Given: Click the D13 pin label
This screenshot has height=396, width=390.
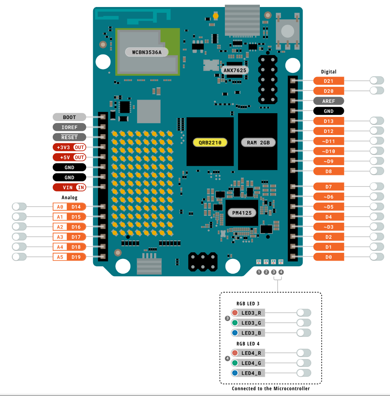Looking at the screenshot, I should (328, 121).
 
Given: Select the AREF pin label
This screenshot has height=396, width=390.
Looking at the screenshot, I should (328, 101).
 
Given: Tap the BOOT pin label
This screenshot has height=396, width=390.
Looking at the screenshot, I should (70, 117).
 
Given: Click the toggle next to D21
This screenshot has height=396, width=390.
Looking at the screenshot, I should (377, 81).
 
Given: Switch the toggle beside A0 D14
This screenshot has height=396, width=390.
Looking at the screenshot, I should (19, 207).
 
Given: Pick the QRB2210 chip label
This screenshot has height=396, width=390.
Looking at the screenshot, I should (210, 142).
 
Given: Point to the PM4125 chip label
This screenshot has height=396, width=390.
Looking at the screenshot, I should (242, 213).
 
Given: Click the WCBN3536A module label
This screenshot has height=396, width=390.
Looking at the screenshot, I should (147, 52).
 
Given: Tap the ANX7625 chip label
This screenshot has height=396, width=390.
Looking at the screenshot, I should (235, 70).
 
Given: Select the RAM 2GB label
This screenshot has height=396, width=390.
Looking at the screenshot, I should (258, 142).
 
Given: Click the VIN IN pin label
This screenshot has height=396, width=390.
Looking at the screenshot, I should (70, 188).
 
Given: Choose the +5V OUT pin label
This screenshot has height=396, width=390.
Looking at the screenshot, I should (70, 157).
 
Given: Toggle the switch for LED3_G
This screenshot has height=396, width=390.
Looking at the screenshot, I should (304, 323).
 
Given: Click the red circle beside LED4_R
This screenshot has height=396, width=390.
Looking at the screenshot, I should (235, 353).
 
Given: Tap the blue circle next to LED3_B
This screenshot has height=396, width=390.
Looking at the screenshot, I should (235, 333).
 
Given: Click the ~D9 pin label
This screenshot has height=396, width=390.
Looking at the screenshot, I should (328, 161).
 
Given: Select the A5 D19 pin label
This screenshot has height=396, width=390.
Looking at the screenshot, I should (70, 257).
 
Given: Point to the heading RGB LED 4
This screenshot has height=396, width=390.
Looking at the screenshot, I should (248, 343).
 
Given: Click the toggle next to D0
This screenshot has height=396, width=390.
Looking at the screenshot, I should (377, 257).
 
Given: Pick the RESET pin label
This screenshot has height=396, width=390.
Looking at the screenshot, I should (70, 137).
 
